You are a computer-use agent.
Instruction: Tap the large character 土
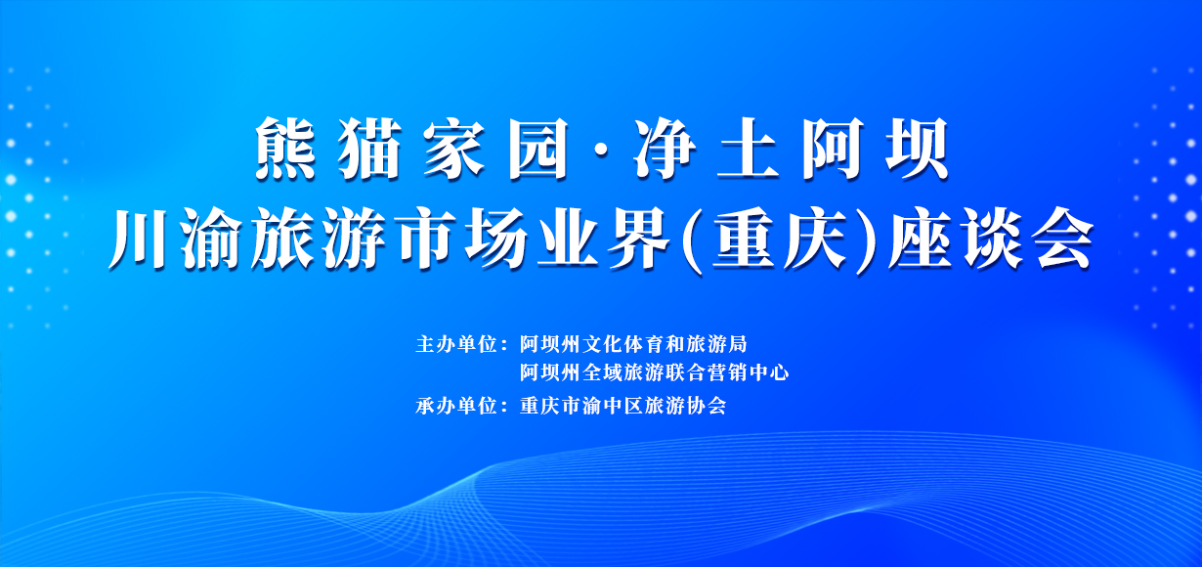(748, 149)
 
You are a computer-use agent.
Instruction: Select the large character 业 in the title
(567, 238)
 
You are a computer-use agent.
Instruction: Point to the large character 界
(638, 238)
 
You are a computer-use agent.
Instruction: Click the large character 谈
(993, 238)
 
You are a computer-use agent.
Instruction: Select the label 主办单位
(456, 344)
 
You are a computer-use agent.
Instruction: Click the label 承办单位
(456, 406)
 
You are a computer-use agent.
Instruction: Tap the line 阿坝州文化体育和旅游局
(633, 344)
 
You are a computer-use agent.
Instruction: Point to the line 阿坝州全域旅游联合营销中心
(654, 372)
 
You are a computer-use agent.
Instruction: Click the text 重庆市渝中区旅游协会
(623, 406)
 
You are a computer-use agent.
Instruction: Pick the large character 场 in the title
(495, 238)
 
